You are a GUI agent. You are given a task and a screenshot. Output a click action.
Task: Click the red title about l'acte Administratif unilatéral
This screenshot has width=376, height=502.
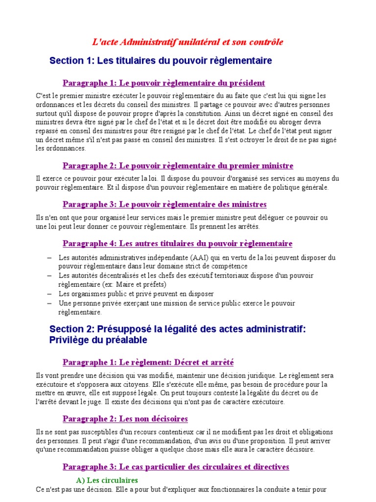click(188, 42)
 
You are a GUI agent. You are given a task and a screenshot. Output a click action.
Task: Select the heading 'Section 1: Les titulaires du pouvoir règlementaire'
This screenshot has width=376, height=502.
click(161, 61)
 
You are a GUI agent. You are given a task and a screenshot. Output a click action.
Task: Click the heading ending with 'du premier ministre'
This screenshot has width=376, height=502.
click(178, 166)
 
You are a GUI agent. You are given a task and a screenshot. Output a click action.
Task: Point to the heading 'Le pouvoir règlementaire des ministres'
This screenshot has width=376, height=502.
click(164, 204)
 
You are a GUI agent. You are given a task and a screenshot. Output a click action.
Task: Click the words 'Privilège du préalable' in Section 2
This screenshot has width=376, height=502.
click(98, 340)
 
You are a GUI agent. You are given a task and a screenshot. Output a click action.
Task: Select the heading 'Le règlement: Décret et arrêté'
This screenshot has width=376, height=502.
click(148, 362)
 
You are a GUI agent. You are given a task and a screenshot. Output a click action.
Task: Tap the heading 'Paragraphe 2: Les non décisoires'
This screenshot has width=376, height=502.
click(125, 419)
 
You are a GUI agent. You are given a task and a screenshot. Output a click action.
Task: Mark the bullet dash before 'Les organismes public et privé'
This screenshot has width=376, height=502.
click(50, 294)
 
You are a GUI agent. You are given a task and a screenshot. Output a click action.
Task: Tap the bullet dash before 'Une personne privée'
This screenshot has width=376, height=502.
click(50, 303)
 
